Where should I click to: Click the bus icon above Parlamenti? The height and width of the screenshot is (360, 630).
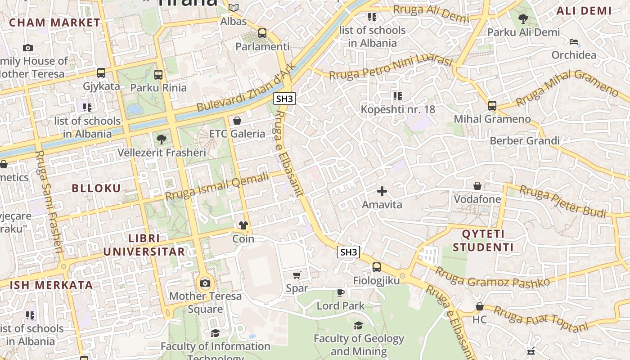(262, 33)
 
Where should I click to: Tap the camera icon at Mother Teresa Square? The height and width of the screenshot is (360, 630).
(205, 283)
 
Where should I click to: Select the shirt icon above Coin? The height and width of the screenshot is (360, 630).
(243, 225)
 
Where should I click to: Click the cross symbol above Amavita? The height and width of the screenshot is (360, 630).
(382, 192)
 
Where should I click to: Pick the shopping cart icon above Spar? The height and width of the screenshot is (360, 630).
(297, 275)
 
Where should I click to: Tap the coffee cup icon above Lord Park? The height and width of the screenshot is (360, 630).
(341, 293)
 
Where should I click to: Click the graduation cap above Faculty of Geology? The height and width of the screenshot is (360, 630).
(358, 325)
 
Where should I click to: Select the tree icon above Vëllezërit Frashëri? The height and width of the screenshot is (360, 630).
(161, 139)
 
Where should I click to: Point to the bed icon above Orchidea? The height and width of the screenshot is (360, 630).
(574, 42)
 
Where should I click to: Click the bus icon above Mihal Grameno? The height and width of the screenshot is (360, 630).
(492, 106)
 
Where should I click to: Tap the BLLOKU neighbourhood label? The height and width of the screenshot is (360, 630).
(97, 188)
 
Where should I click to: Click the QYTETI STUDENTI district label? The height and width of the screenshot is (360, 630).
(483, 241)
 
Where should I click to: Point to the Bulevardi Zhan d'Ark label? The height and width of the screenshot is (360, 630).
(247, 88)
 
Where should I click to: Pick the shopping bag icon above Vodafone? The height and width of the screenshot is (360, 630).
(477, 186)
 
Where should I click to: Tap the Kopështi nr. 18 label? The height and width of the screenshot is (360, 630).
(398, 109)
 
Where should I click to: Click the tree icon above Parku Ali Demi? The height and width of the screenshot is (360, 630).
(523, 19)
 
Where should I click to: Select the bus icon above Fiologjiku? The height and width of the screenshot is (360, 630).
(377, 267)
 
